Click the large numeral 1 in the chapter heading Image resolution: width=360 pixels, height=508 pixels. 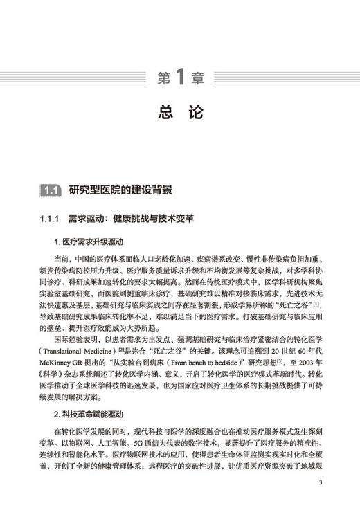pos(179,77)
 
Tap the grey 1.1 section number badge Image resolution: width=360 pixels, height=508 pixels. pos(52,190)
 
